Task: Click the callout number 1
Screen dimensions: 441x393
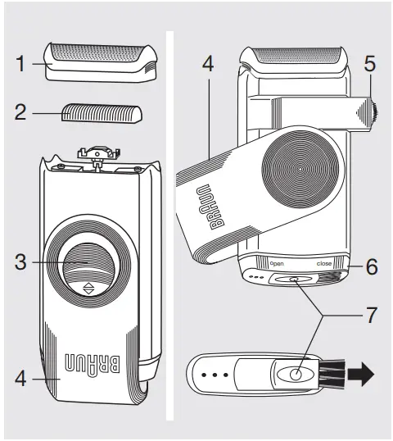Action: tap(22, 62)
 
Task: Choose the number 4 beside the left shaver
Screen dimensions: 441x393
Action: tap(21, 380)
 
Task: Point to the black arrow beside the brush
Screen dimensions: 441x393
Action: tap(360, 376)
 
